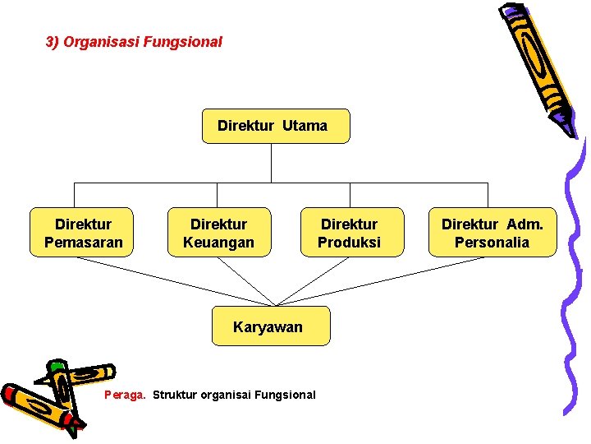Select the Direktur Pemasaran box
coord(82,233)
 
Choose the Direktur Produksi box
coord(349,233)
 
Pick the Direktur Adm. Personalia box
coord(492,233)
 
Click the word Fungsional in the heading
coord(182,41)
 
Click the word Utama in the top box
coord(305,126)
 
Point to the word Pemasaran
coord(83,243)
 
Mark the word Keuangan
coord(218,243)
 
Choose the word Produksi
coord(349,243)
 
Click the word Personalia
coord(492,243)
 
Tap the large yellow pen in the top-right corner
coord(538,66)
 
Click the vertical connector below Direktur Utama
coord(271,163)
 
